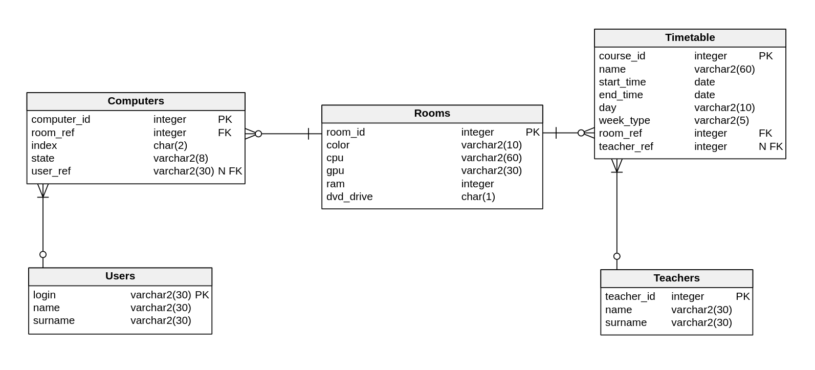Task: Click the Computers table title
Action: tap(136, 101)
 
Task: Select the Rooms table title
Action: tap(432, 114)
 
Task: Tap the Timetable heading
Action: tap(690, 38)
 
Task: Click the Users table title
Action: tap(120, 276)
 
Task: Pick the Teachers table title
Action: tap(676, 278)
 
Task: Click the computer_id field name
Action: tap(60, 120)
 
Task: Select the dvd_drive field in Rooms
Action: tap(349, 197)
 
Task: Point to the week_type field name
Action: tap(624, 121)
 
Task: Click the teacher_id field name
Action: tap(630, 297)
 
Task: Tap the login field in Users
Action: tap(45, 295)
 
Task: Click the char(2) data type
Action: tap(170, 146)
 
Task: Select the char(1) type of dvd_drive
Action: tap(478, 197)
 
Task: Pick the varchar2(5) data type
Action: tap(721, 121)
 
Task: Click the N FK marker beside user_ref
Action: tap(230, 171)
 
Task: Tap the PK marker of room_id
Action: tap(532, 133)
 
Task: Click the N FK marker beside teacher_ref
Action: tap(770, 147)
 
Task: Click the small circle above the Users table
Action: tap(43, 254)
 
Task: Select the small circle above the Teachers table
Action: tap(616, 256)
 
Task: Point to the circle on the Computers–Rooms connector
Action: tap(258, 134)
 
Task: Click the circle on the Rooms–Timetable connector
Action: tap(581, 133)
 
